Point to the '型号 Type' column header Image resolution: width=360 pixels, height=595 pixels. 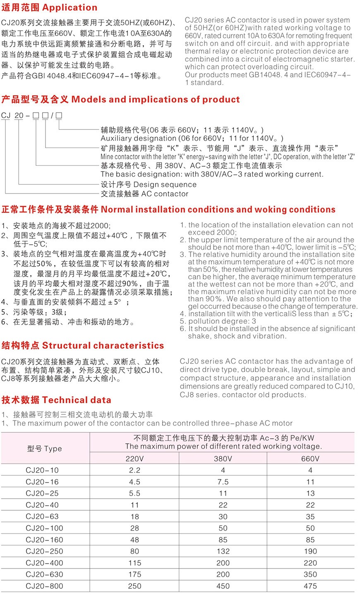click(45, 449)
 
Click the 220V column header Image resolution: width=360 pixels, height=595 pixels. click(134, 459)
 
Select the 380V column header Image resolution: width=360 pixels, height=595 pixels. click(223, 459)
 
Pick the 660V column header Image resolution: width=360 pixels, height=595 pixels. click(310, 459)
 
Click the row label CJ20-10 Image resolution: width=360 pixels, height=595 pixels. click(42, 470)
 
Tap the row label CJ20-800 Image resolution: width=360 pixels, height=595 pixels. click(44, 586)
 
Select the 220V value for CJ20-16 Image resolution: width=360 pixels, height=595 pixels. click(134, 482)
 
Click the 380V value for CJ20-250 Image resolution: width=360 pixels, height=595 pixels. click(223, 551)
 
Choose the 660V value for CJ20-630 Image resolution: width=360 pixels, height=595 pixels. click(310, 574)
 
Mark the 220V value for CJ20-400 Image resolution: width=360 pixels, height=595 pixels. click(134, 563)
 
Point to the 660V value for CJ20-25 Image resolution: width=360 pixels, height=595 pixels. click(310, 493)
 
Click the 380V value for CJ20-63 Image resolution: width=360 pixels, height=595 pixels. click(223, 516)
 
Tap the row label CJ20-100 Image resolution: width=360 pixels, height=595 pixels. click(44, 528)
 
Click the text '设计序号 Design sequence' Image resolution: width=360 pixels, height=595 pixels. click(149, 184)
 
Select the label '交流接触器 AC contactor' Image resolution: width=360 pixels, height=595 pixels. click(144, 194)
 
